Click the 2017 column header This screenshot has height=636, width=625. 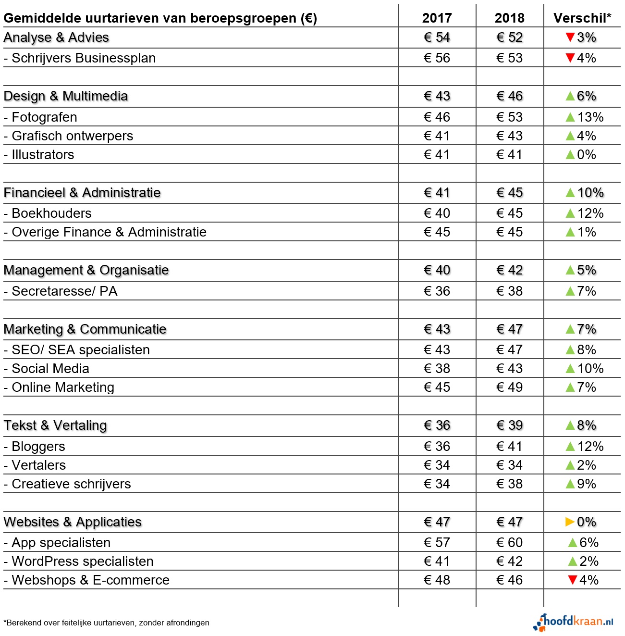coord(437,18)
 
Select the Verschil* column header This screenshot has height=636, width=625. coord(582,18)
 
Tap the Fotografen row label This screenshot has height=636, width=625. coord(44,117)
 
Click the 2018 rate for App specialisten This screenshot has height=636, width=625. coord(509,542)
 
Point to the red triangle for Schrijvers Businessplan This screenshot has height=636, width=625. coord(570,58)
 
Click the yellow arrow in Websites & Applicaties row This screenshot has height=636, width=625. coord(570,522)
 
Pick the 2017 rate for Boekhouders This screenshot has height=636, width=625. coord(437,213)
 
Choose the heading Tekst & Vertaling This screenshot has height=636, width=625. coord(55,425)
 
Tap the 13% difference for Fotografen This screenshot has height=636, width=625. coord(590,117)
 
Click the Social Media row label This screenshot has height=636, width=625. coord(50,369)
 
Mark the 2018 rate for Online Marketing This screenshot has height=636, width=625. coord(509,387)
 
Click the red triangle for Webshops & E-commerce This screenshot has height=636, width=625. coord(572,580)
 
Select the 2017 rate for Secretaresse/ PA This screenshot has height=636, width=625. coord(437,291)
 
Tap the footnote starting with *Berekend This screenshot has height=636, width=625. coord(106,623)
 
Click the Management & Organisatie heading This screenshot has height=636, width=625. coord(86,270)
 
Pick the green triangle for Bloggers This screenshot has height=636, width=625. coord(570,447)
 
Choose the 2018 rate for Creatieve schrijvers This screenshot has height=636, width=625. coord(509,484)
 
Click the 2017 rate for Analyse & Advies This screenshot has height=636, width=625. coord(437,37)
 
